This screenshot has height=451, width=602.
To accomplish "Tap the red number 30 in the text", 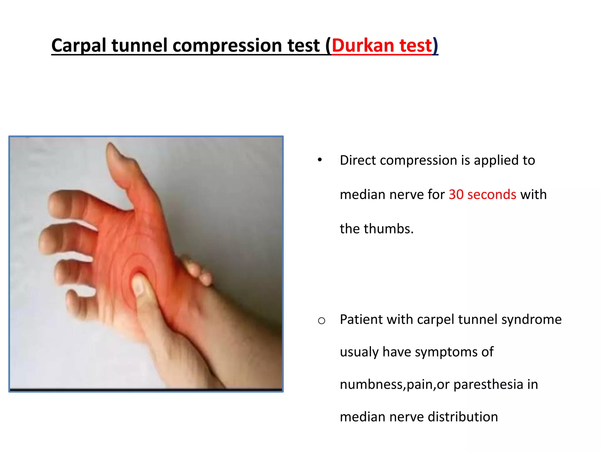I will click(456, 195).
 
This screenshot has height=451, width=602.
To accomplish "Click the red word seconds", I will click(491, 195).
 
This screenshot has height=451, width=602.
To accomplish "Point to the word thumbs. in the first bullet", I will click(389, 229).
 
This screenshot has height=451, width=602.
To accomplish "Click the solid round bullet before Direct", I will click(320, 160).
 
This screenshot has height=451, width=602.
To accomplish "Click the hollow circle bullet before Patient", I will click(321, 320).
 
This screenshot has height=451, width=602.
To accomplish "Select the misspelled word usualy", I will click(359, 352).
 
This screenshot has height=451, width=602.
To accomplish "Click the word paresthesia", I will click(488, 385).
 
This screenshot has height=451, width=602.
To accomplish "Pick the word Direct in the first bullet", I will click(358, 160).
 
